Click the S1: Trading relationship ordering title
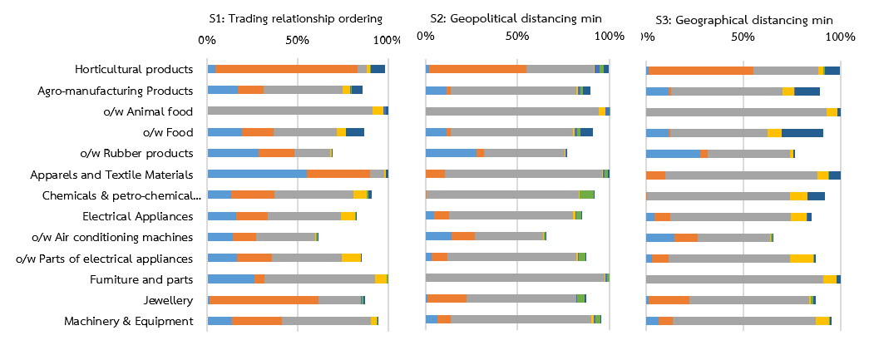pyautogui.click(x=294, y=17)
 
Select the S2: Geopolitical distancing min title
pyautogui.click(x=516, y=17)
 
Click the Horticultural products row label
pyautogui.click(x=134, y=69)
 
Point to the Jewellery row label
pyautogui.click(x=171, y=300)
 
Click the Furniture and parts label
pyautogui.click(x=141, y=279)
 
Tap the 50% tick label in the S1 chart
pyautogui.click(x=297, y=39)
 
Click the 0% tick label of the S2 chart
pyautogui.click(x=425, y=36)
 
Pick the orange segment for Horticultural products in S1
pyautogui.click(x=286, y=69)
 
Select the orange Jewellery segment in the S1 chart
pyautogui.click(x=264, y=299)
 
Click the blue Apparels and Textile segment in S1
pyautogui.click(x=257, y=174)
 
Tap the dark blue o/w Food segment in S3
pyautogui.click(x=802, y=132)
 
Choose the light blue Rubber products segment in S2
pyautogui.click(x=451, y=153)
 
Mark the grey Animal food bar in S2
pyautogui.click(x=511, y=111)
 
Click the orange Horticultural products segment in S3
pyautogui.click(x=700, y=70)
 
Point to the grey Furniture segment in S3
pyautogui.click(x=734, y=279)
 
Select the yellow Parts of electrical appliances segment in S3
pyautogui.click(x=801, y=259)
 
